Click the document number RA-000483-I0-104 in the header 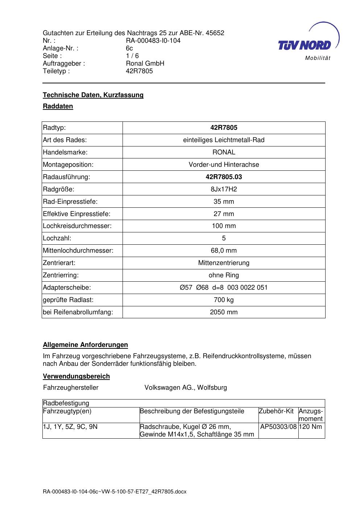pos(153,41)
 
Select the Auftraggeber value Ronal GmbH pos(145,63)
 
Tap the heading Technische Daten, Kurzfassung pos(93,95)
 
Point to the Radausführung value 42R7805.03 pos(224,177)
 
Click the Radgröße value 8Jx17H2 pos(224,189)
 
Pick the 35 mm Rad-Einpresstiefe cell pos(224,202)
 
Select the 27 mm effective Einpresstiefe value pos(224,214)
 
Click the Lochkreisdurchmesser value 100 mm pos(224,226)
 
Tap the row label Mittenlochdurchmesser pos(78,251)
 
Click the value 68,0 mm pos(224,251)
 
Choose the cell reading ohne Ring pos(224,275)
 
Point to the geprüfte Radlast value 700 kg pos(224,300)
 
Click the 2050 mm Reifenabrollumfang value pos(224,312)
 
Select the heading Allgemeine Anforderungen pos(86,345)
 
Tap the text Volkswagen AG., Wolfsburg pos(186,388)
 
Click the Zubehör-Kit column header pos(276,411)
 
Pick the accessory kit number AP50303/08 pos(278,427)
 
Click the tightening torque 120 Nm pos(311,427)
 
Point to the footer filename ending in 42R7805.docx pos(115,492)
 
